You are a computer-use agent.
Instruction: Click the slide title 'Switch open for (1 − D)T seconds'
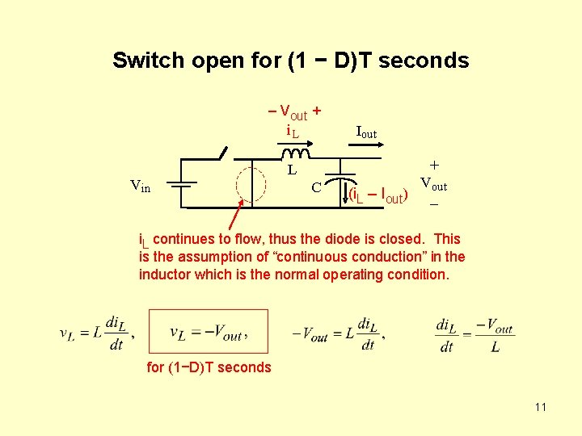pyautogui.click(x=290, y=61)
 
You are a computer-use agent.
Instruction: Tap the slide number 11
pyautogui.click(x=540, y=407)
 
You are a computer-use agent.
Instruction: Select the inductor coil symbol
pyautogui.click(x=291, y=153)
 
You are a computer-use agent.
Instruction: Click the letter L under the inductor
pyautogui.click(x=292, y=170)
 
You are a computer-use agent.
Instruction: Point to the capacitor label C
pyautogui.click(x=317, y=188)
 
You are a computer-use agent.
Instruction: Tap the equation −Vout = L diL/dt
pyautogui.click(x=339, y=332)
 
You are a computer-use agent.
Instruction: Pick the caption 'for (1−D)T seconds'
pyautogui.click(x=209, y=367)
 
